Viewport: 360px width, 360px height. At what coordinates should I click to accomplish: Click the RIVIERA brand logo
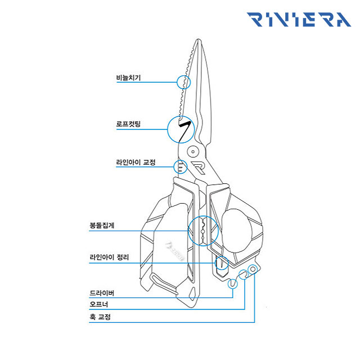299,20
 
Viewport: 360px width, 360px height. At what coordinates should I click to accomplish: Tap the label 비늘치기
128,78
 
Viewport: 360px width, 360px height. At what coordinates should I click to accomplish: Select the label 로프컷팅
128,124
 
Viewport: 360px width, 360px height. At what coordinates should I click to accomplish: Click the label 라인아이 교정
136,163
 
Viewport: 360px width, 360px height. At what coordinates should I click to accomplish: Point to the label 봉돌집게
102,225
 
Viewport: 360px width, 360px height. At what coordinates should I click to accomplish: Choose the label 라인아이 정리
109,257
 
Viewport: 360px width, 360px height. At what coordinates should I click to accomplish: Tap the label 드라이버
102,293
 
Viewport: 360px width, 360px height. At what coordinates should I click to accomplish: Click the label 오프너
99,304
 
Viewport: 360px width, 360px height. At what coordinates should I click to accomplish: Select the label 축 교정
100,317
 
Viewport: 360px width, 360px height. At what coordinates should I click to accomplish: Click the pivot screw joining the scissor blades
193,151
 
